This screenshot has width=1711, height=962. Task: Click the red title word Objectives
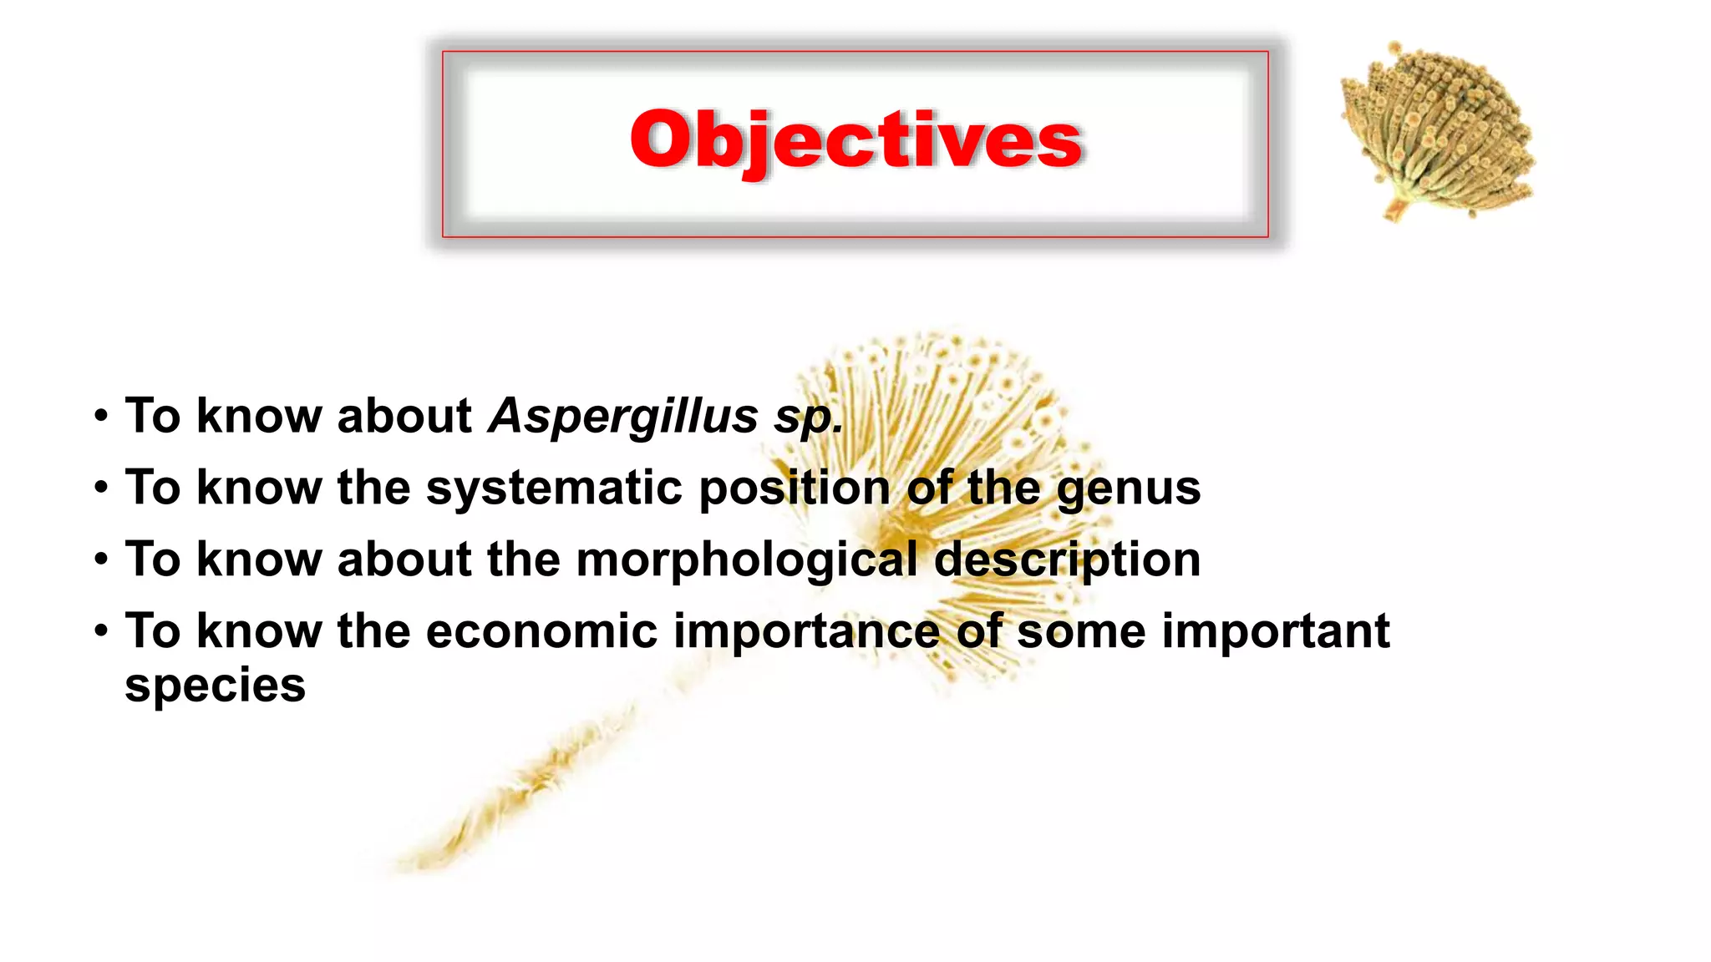855,139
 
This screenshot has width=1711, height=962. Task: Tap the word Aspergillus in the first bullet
622,416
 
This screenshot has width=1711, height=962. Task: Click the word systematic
554,488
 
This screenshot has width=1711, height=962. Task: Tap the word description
1067,559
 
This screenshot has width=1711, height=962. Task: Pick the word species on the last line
215,686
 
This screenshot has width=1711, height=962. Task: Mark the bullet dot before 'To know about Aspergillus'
101,416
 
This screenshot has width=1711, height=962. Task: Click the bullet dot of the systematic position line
101,488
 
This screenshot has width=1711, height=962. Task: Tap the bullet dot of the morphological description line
101,559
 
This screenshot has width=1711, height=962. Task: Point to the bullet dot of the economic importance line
101,631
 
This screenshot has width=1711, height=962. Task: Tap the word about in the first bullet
404,416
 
